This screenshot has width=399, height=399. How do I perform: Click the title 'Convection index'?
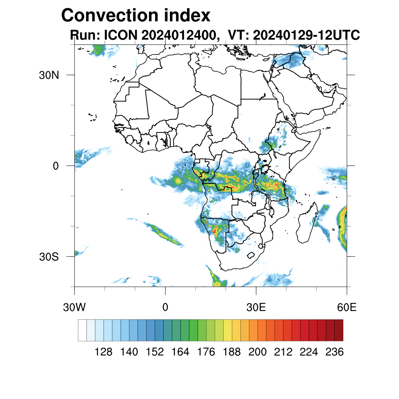tap(136, 16)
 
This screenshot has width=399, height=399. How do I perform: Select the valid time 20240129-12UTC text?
tap(306, 35)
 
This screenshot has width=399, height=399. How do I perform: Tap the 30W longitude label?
tap(74, 307)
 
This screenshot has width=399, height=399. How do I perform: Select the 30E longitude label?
tap(256, 307)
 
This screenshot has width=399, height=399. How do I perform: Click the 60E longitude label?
tap(347, 307)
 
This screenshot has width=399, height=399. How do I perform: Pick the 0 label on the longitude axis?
tap(165, 307)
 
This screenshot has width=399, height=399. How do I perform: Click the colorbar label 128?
tap(104, 352)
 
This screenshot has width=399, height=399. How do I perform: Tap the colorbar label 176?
tap(206, 352)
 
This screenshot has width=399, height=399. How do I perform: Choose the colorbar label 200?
tap(258, 352)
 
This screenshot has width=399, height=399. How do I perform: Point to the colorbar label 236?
tap(334, 352)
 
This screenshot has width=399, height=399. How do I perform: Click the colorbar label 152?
tap(155, 352)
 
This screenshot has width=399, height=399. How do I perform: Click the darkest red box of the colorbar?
tap(339, 330)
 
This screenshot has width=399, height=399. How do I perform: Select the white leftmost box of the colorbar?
tap(82, 330)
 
